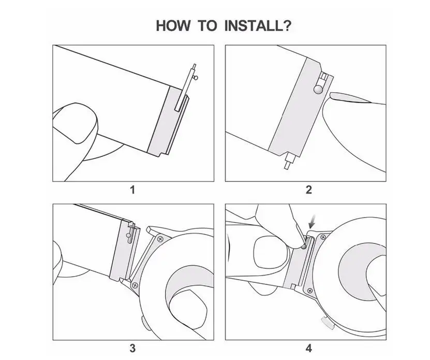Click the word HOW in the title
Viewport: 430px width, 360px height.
pyautogui.click(x=173, y=26)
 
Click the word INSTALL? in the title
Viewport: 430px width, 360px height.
pyautogui.click(x=258, y=26)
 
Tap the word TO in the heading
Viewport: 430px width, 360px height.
pyautogui.click(x=207, y=26)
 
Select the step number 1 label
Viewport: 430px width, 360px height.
pyautogui.click(x=133, y=190)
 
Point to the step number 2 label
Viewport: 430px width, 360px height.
pyautogui.click(x=309, y=190)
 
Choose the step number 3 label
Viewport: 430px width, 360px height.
pyautogui.click(x=133, y=348)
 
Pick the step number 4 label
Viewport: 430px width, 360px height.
pyautogui.click(x=309, y=348)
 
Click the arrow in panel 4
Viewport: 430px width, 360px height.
pyautogui.click(x=312, y=221)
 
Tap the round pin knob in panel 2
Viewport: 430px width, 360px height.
pyautogui.click(x=318, y=89)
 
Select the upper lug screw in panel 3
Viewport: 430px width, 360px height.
pyautogui.click(x=160, y=239)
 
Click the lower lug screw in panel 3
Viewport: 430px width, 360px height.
pyautogui.click(x=135, y=285)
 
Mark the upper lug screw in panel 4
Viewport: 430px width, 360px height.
pyautogui.click(x=323, y=237)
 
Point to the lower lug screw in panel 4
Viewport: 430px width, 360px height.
pyautogui.click(x=310, y=290)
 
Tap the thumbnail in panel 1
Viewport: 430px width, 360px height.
pyautogui.click(x=75, y=123)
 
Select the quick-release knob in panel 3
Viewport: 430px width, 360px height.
pyautogui.click(x=128, y=235)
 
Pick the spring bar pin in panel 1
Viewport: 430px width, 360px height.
pyautogui.click(x=186, y=88)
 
